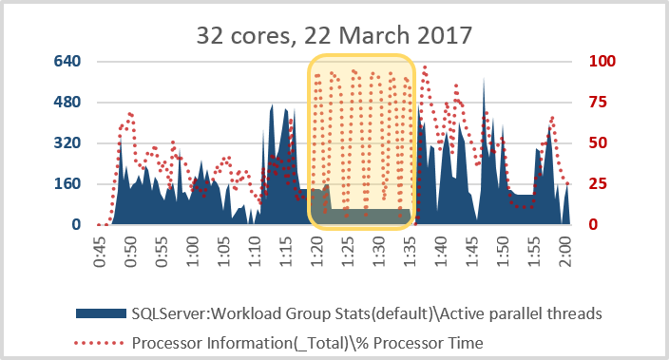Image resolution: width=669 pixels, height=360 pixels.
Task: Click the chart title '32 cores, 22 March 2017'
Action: pos(334,35)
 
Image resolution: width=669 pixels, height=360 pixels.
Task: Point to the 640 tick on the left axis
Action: pos(67,61)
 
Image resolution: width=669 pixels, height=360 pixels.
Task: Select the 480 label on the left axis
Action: pos(67,102)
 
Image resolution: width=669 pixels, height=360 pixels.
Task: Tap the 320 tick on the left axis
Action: pos(67,142)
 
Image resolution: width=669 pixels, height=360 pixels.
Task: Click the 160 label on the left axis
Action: pos(67,184)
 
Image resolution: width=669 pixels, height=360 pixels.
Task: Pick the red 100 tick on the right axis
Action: pos(602,61)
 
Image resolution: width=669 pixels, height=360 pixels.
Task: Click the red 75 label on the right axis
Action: pos(598,102)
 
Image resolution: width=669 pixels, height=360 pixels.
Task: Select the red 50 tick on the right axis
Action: pos(598,142)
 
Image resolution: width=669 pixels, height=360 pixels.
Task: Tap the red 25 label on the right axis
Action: pos(598,184)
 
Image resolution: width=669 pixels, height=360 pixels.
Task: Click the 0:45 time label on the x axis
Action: pos(100,252)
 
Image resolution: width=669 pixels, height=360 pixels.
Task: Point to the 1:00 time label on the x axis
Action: pos(192,252)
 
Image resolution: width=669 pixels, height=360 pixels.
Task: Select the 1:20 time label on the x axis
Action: pos(317,252)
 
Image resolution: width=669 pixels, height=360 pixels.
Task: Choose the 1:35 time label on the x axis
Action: pos(410,252)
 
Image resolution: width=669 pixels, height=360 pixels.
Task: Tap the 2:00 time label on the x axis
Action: pos(565,252)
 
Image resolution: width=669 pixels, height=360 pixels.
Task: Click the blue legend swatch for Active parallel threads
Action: pos(101,313)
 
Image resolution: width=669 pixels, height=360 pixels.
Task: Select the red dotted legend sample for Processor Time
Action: pos(100,343)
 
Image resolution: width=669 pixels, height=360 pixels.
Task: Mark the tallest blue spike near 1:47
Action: pos(484,79)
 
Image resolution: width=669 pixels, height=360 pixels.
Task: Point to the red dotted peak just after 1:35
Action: pos(425,67)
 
